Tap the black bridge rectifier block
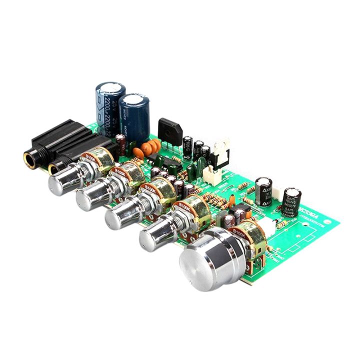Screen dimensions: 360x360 [169, 129]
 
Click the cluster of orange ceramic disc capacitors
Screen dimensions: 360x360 [150, 147]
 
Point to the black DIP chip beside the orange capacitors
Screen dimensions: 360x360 [163, 161]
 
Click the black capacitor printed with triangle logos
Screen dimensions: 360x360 [263, 190]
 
